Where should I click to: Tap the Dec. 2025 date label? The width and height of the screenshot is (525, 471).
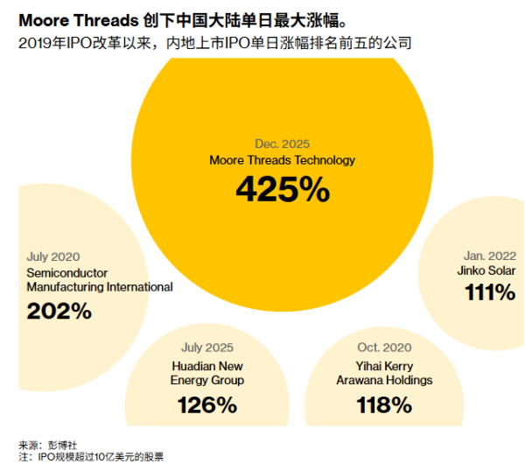(x=282, y=144)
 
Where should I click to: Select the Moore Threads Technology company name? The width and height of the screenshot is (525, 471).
(x=282, y=160)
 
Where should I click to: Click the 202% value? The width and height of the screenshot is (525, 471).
(x=59, y=311)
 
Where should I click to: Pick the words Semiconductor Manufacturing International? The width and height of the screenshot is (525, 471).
(x=99, y=280)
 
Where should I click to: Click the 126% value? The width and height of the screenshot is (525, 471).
(x=207, y=405)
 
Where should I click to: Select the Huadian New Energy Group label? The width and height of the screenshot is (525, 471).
(x=207, y=373)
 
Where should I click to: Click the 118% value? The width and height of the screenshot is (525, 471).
(x=384, y=405)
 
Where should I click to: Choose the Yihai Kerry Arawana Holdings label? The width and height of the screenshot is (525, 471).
(x=384, y=373)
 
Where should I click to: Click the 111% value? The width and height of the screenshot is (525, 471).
(x=489, y=293)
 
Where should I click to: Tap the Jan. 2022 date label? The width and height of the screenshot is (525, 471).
(x=489, y=256)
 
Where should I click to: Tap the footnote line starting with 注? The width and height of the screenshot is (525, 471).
(x=91, y=457)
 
